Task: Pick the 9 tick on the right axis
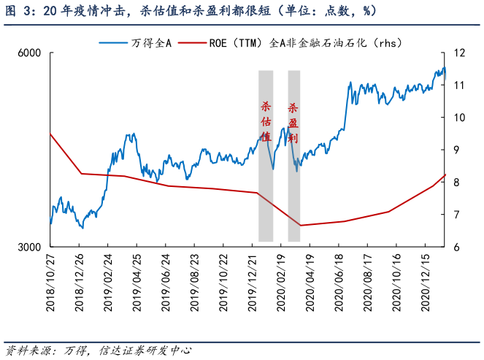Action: (456, 150)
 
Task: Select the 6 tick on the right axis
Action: (456, 248)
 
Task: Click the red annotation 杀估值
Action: (266, 121)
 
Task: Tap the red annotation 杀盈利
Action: (293, 121)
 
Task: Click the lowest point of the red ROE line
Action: (301, 225)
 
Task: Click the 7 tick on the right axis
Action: (456, 215)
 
